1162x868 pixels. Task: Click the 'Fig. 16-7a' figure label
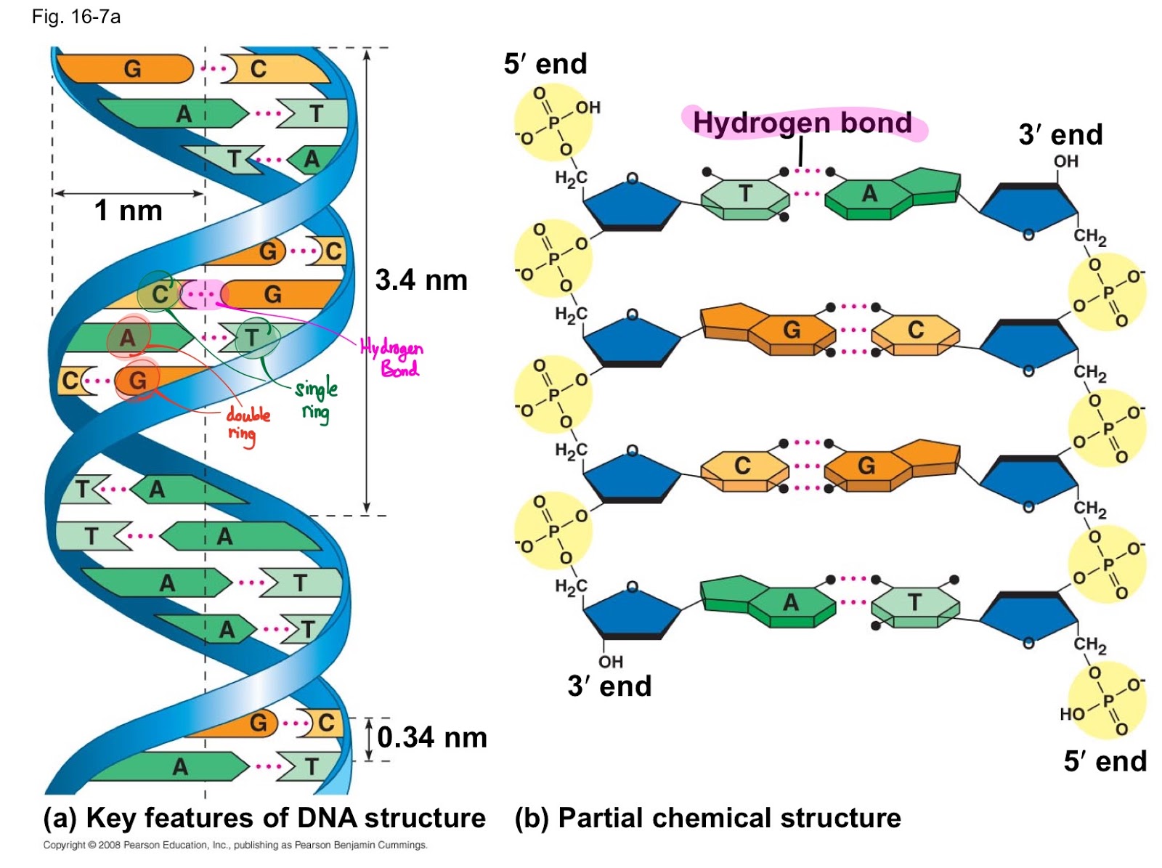click(x=76, y=17)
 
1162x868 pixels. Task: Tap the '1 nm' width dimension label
click(x=128, y=210)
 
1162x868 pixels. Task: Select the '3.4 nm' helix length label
click(x=420, y=280)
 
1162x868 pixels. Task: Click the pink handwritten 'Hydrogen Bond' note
click(x=391, y=358)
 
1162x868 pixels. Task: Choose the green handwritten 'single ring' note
click(x=316, y=399)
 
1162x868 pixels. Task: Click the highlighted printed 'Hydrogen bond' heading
click(x=802, y=123)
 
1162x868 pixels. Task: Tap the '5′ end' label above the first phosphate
click(x=545, y=63)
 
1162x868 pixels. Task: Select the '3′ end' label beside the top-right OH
click(x=1060, y=134)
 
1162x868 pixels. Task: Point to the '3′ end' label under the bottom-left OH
click(x=609, y=686)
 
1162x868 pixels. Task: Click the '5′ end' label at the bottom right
click(x=1105, y=761)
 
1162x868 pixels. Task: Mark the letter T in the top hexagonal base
click(x=745, y=193)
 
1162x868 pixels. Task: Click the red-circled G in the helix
click(x=138, y=380)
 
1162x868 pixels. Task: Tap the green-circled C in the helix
click(x=160, y=294)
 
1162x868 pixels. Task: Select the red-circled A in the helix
click(x=128, y=338)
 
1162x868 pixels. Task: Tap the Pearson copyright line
click(x=235, y=845)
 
